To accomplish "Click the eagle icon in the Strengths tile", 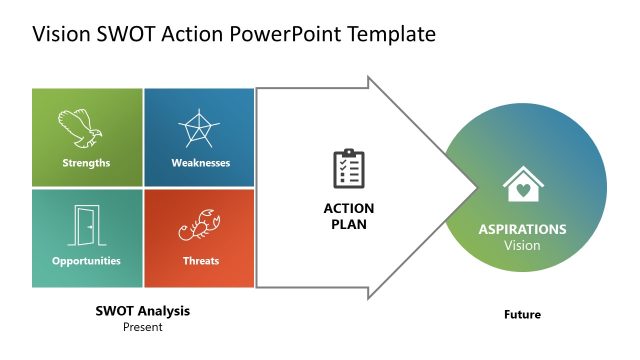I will click(x=81, y=129).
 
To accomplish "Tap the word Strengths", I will click(x=86, y=163).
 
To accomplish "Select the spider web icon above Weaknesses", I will click(x=198, y=129).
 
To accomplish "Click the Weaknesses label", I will click(x=200, y=163).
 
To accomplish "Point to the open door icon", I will click(x=86, y=226).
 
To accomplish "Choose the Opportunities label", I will click(x=86, y=261).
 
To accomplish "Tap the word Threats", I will click(x=201, y=261).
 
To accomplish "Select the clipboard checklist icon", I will click(x=348, y=168).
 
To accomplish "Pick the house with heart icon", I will click(x=523, y=187).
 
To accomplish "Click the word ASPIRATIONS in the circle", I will click(x=522, y=229).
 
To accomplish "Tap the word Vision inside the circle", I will click(x=522, y=245).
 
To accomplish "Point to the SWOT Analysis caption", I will click(x=142, y=311).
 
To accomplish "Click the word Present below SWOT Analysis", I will click(x=142, y=327).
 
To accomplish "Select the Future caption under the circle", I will click(x=522, y=315).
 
